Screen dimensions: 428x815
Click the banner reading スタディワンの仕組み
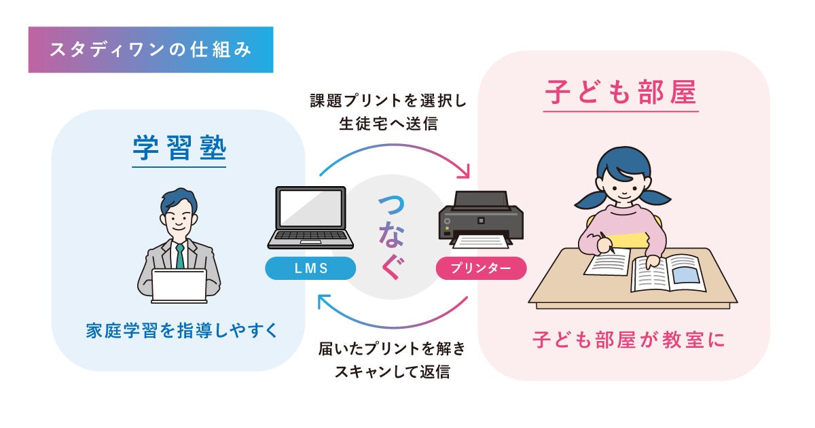pos(150,50)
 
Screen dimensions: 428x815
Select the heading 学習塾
pos(179,149)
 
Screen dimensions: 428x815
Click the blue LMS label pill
pos(311,268)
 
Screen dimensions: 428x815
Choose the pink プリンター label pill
pos(481,268)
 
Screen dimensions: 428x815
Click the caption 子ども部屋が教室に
pos(628,340)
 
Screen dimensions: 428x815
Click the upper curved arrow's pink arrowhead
pos(465,173)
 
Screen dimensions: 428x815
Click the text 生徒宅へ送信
pos(388,124)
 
